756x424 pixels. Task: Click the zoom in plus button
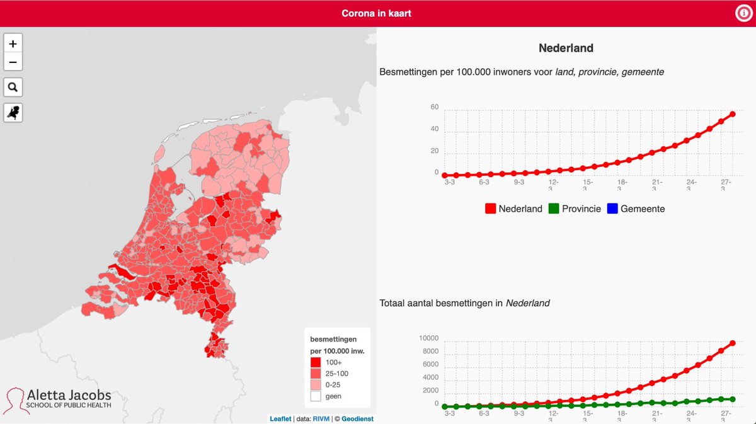(13, 44)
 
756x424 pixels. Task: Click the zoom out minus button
(13, 62)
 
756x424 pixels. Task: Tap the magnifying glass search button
(13, 87)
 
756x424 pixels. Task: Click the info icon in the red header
(744, 13)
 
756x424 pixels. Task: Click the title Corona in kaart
(376, 13)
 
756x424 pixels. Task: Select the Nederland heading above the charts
(566, 48)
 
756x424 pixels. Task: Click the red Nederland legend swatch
(490, 209)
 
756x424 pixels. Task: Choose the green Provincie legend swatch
(554, 209)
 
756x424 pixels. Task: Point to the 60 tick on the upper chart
(435, 108)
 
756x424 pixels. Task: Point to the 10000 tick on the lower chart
(428, 338)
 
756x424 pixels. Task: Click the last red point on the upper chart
(733, 114)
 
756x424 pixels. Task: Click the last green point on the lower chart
(733, 399)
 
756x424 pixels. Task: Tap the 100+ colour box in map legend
(316, 362)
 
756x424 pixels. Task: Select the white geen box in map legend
(316, 396)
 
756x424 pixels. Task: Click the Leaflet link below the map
(280, 418)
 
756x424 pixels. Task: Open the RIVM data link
(322, 418)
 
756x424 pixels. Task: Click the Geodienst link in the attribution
(357, 418)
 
